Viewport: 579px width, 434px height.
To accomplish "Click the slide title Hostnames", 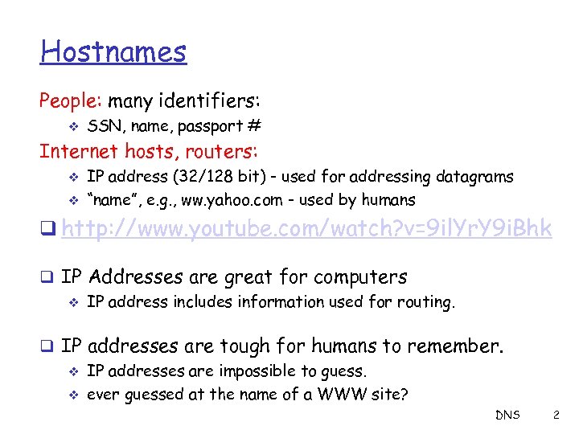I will click(x=113, y=52).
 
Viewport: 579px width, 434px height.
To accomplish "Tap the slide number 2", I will click(x=556, y=415).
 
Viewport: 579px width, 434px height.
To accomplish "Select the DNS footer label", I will click(x=507, y=415).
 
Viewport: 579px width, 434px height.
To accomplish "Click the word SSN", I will click(x=102, y=126).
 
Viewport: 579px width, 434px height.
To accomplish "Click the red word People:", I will click(x=71, y=101).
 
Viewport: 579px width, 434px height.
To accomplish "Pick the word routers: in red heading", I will click(x=222, y=151).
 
